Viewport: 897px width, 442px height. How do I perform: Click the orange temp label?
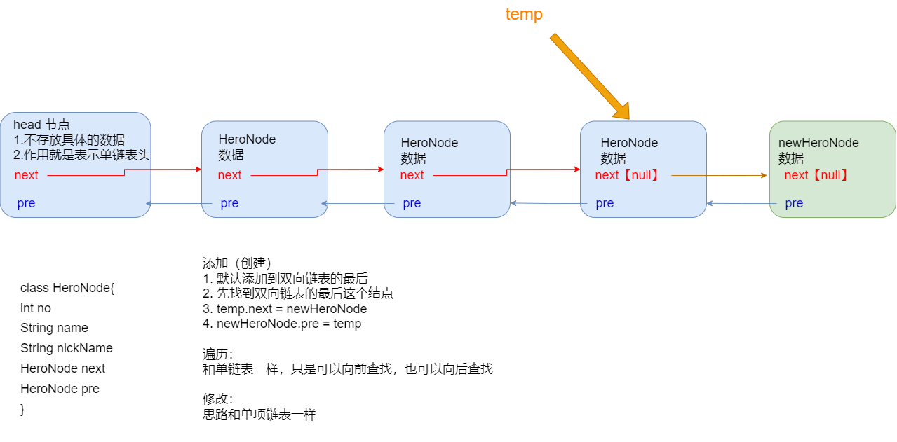pos(524,14)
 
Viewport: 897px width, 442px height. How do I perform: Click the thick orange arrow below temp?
pos(590,76)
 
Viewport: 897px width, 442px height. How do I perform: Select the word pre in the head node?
pos(26,204)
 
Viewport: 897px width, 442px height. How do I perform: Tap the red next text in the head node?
pos(26,175)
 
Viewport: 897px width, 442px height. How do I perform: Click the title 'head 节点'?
pos(41,125)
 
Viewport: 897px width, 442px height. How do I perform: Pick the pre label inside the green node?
pos(794,204)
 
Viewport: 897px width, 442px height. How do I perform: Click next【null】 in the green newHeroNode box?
pos(816,175)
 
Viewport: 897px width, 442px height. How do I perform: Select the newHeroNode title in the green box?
pos(818,143)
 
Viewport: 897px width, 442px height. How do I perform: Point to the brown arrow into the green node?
pos(719,175)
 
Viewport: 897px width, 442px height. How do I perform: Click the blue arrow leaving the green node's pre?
pos(741,204)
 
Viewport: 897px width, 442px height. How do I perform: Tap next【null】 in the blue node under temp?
pos(626,175)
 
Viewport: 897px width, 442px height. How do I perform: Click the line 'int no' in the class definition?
pos(36,308)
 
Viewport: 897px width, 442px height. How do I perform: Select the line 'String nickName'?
pos(67,348)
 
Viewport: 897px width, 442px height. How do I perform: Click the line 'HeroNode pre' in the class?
pos(60,388)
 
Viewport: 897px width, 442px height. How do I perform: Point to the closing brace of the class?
pos(22,410)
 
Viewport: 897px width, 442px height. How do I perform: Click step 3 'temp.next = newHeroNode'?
pos(285,309)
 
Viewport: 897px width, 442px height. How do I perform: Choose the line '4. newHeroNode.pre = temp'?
pos(282,324)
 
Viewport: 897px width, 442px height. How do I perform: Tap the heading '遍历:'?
pos(217,354)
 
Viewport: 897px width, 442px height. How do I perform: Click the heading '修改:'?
pos(217,399)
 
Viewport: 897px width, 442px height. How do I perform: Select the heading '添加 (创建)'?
pos(237,263)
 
